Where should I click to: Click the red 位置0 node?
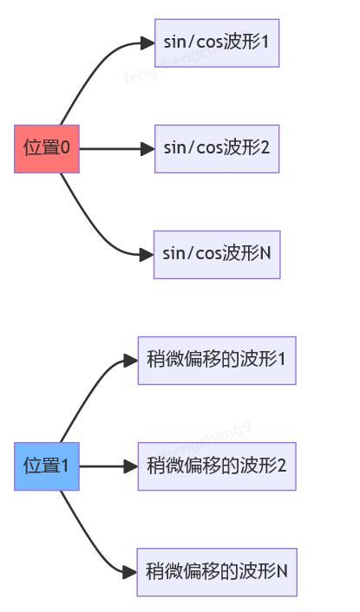click(x=47, y=148)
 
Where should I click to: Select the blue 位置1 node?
click(x=47, y=466)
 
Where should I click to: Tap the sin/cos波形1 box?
click(x=217, y=42)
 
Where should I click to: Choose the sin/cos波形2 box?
click(x=217, y=148)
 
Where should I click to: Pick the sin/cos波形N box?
click(x=217, y=254)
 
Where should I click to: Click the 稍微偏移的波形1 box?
click(x=217, y=361)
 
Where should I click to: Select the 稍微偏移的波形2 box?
click(x=217, y=466)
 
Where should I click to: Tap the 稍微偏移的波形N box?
click(x=217, y=572)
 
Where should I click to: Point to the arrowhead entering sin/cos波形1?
click(x=147, y=42)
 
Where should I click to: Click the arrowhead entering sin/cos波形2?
click(x=147, y=148)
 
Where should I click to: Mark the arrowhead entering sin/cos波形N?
click(x=147, y=254)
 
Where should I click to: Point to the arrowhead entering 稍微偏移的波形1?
click(x=131, y=361)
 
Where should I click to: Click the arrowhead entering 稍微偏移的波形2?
click(x=131, y=466)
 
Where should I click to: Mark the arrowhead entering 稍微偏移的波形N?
click(x=131, y=572)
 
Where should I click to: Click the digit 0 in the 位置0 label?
click(x=65, y=148)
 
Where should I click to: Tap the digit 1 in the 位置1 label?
click(x=64, y=466)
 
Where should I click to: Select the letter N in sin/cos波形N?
click(x=265, y=254)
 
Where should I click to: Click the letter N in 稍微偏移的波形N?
click(x=282, y=572)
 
